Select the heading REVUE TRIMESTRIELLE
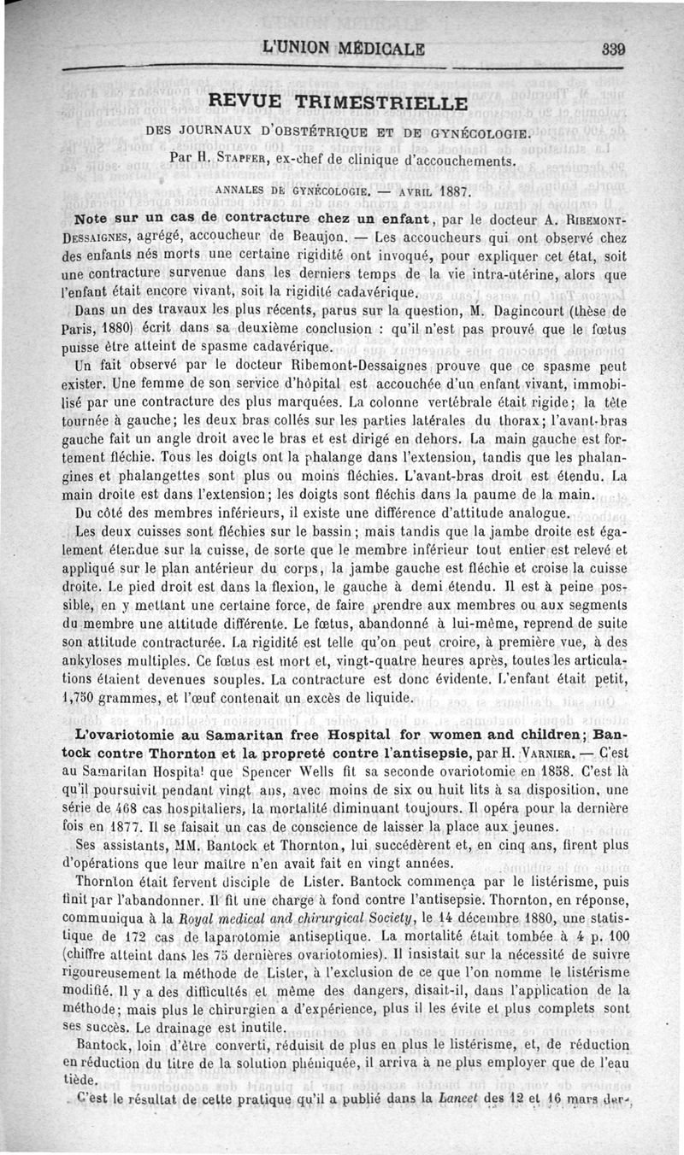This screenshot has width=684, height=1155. [339, 103]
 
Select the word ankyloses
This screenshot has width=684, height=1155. [88, 660]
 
